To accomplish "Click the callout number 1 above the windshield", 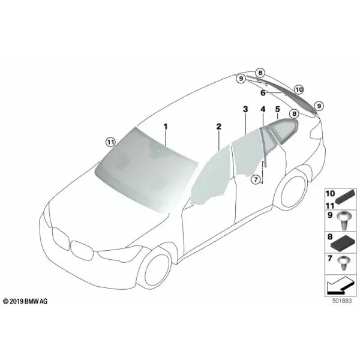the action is click(166, 127).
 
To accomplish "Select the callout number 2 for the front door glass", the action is click(219, 126).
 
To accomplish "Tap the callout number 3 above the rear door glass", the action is click(245, 109).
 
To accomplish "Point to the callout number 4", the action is click(263, 109).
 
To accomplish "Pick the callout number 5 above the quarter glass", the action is click(278, 109).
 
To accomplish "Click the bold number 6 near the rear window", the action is click(263, 93).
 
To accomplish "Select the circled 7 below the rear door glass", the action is click(256, 179).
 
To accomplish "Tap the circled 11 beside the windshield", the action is click(110, 142).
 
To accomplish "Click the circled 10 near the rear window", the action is click(299, 89).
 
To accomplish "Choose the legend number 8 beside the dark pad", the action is click(330, 236).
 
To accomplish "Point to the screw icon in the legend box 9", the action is click(343, 220).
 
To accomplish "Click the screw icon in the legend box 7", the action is click(343, 262).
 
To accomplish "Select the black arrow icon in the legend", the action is click(340, 286).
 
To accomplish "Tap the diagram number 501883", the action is click(342, 301).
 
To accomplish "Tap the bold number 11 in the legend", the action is click(330, 205).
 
